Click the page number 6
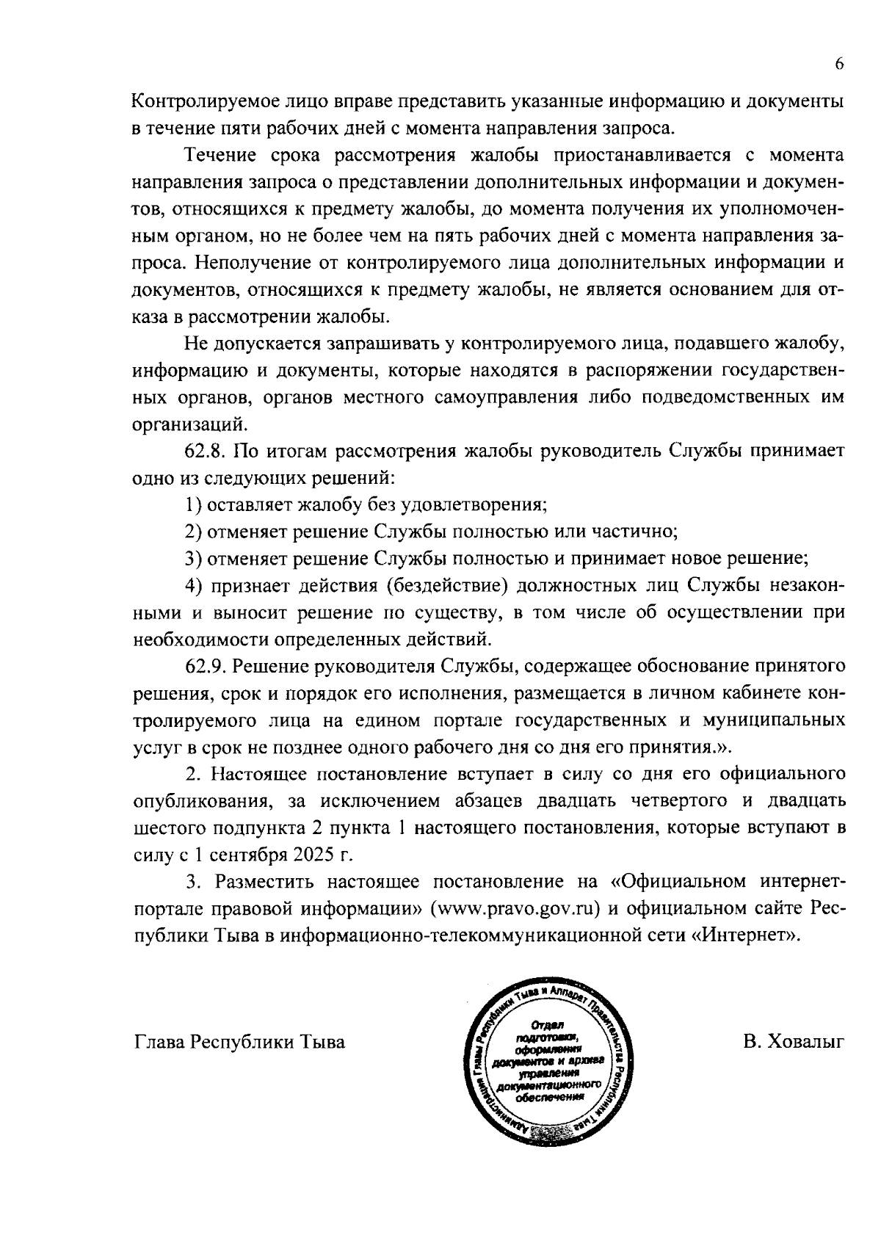(839, 64)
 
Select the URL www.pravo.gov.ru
(513, 908)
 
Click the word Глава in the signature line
(158, 1042)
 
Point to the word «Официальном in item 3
(676, 881)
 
